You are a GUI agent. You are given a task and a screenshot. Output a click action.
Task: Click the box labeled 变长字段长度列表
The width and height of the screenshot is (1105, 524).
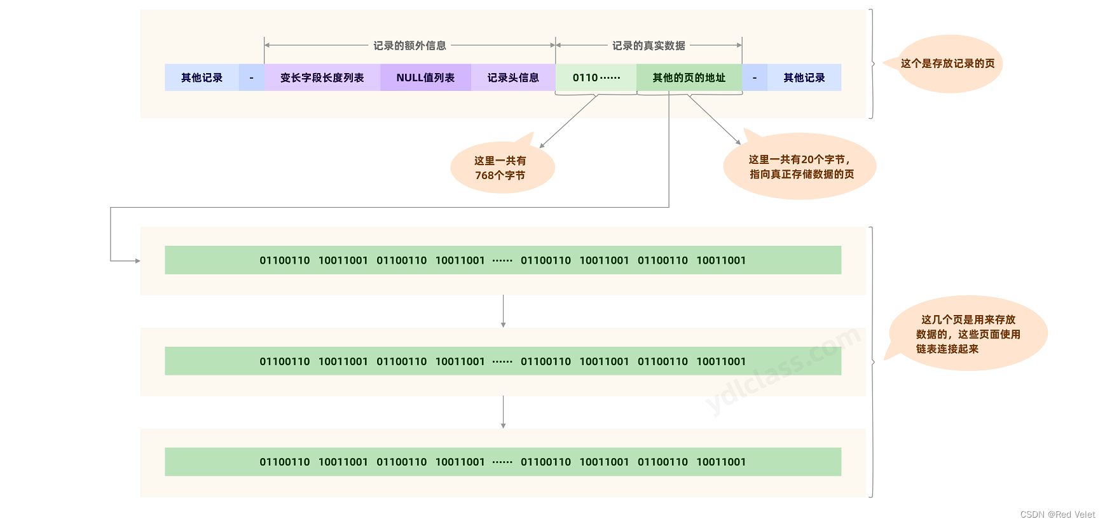click(x=322, y=77)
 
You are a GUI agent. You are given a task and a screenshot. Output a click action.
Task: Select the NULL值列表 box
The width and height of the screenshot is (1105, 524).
click(x=425, y=77)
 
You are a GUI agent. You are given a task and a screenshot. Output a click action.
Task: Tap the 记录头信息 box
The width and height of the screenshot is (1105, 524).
click(x=512, y=77)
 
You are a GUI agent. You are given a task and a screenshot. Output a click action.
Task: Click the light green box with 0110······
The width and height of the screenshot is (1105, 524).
click(x=596, y=77)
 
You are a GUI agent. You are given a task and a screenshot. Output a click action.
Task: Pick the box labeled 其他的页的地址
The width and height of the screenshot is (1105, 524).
click(x=689, y=77)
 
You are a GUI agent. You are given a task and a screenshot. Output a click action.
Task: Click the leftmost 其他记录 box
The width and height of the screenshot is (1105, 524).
click(x=202, y=77)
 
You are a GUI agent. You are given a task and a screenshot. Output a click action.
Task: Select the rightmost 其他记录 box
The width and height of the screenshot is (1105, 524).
click(x=804, y=77)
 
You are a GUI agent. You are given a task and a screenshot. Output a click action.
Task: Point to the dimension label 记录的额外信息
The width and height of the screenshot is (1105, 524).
click(x=409, y=46)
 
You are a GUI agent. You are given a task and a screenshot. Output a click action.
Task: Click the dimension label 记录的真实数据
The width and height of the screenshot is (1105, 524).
click(x=649, y=46)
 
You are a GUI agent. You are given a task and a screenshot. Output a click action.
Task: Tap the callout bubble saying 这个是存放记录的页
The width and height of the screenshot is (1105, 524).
click(x=948, y=64)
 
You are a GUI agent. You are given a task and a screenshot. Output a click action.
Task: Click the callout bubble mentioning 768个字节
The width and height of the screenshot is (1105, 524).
click(x=501, y=168)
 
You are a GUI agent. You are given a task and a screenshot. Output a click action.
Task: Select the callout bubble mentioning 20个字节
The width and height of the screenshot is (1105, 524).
click(x=800, y=167)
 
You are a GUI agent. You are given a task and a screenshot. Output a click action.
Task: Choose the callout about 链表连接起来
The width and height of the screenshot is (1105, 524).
click(x=968, y=334)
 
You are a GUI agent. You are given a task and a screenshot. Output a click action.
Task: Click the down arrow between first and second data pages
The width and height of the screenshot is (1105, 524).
click(x=503, y=311)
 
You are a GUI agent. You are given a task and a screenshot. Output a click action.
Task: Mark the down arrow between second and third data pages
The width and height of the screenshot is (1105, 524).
click(x=503, y=412)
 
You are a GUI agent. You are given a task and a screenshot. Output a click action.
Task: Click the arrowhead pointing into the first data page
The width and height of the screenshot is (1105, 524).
click(x=137, y=260)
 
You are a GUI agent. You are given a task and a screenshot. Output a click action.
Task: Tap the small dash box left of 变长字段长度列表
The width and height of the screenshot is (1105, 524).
click(x=251, y=77)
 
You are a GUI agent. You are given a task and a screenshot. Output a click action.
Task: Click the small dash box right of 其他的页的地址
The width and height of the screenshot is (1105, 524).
click(x=755, y=77)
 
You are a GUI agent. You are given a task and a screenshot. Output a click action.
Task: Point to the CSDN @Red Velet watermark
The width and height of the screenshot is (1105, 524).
click(x=1057, y=514)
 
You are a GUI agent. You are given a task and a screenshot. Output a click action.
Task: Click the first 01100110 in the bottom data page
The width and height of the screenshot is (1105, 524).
click(x=284, y=462)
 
